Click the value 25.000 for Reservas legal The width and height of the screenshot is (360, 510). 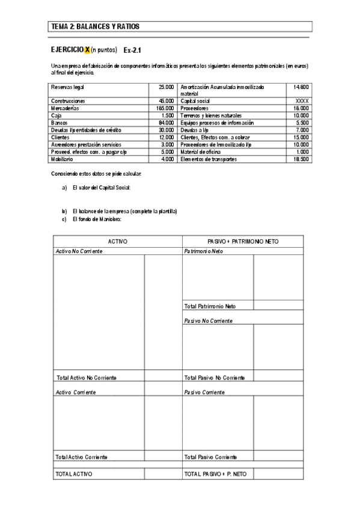click(x=166, y=87)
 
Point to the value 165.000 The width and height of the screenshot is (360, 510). click(x=165, y=108)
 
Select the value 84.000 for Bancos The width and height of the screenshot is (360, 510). click(x=166, y=122)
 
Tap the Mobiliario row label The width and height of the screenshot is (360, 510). click(x=63, y=159)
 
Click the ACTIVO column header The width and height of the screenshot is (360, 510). click(x=117, y=241)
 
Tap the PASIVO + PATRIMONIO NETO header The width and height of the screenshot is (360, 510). click(x=243, y=241)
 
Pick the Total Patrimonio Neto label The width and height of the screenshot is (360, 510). click(x=210, y=306)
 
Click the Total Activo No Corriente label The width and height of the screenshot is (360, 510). click(x=86, y=377)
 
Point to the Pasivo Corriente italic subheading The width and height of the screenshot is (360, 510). click(x=204, y=392)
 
